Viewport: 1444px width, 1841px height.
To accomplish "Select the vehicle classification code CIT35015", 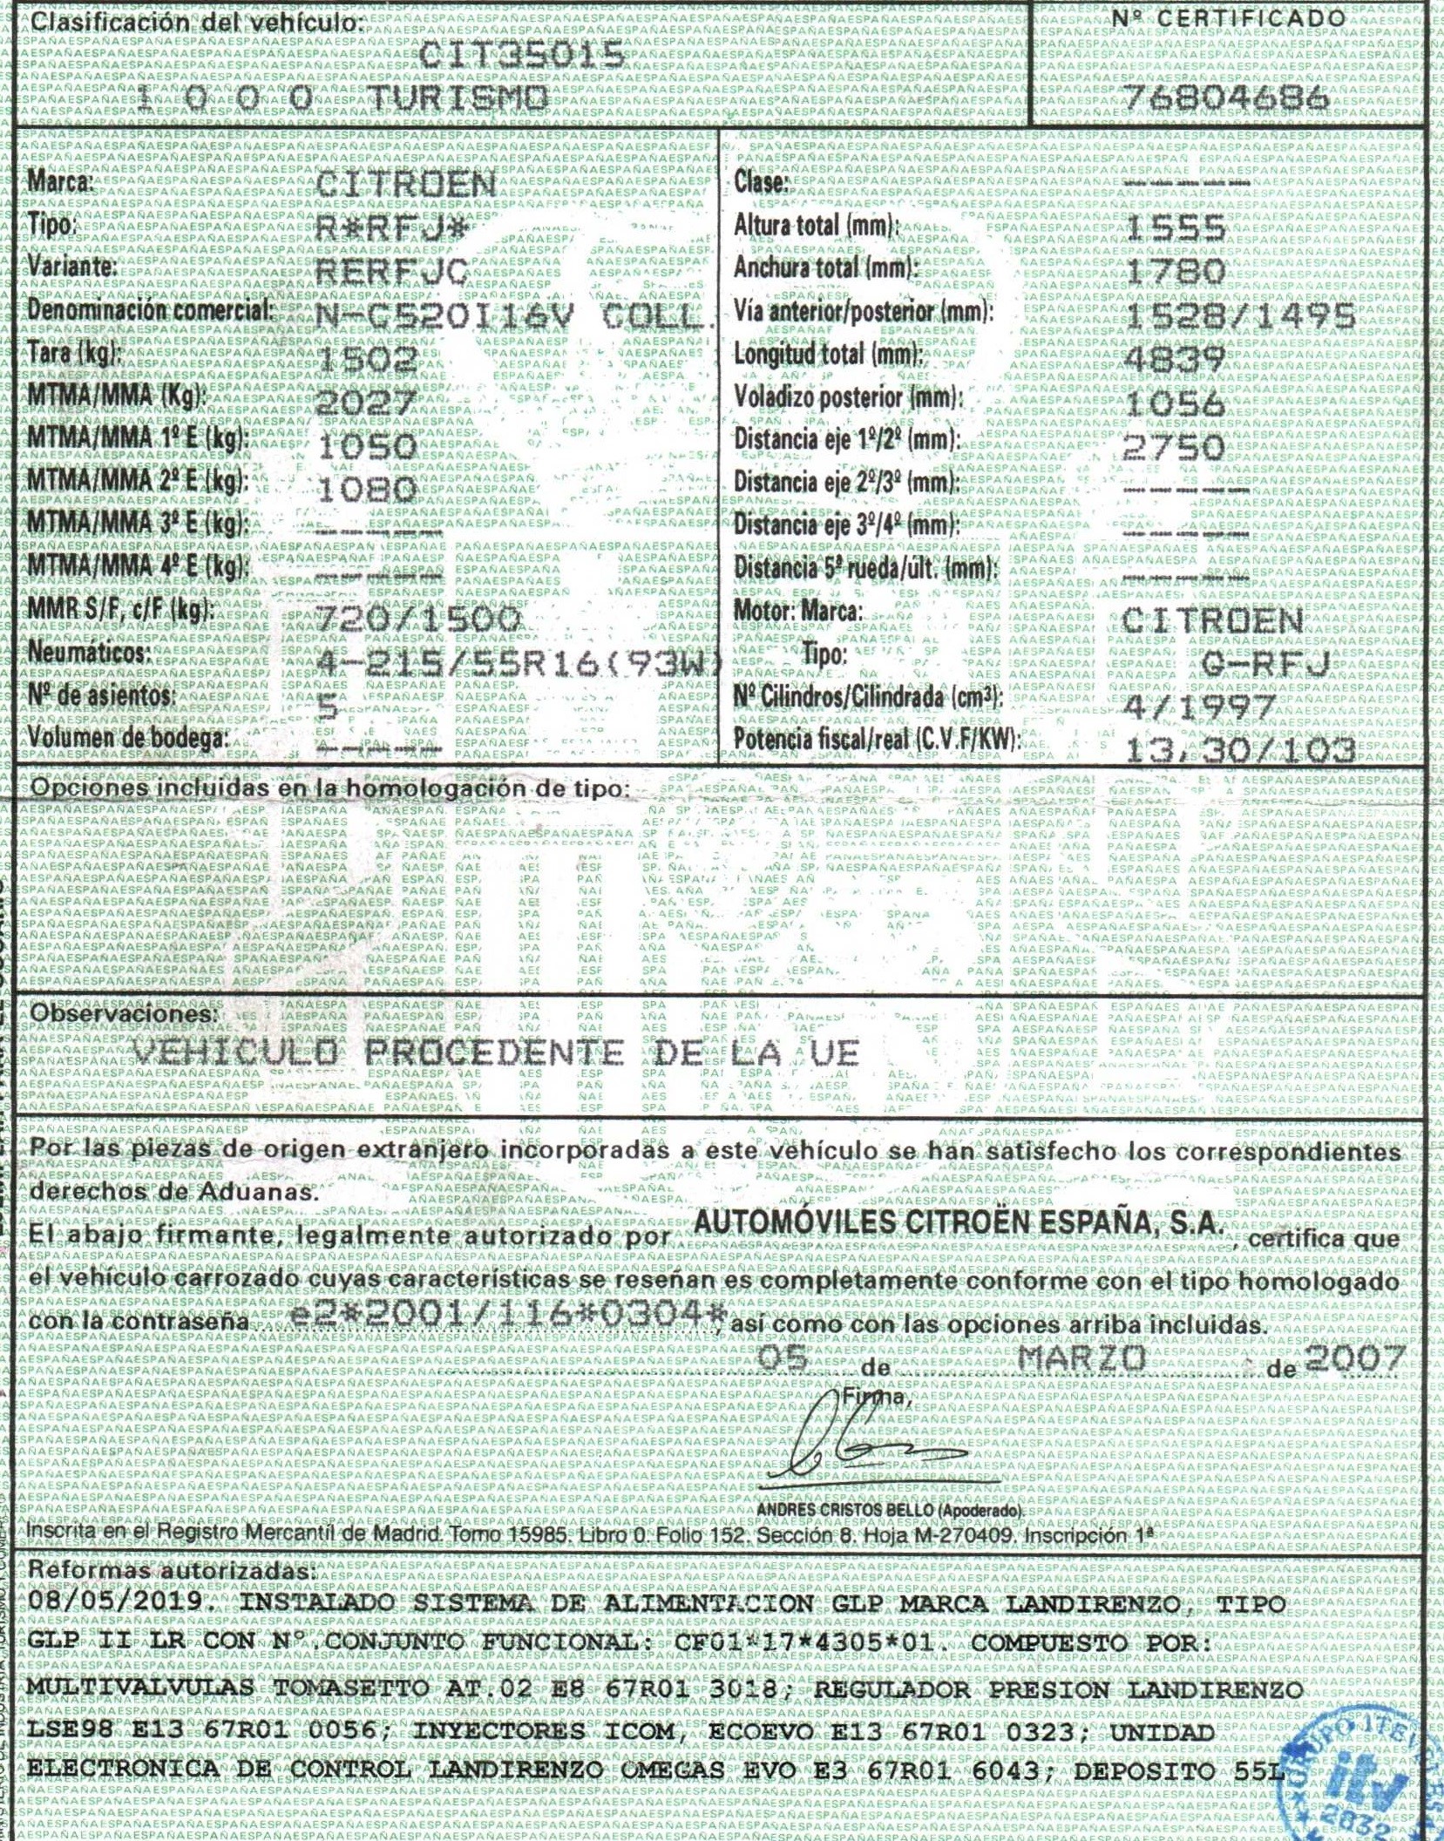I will (522, 57).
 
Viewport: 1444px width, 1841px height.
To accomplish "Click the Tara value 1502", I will (366, 358).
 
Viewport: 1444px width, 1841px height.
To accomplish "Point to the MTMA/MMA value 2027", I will (365, 402).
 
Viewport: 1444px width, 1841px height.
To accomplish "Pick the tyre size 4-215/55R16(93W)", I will (518, 665).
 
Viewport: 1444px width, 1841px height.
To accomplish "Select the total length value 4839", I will (1176, 358).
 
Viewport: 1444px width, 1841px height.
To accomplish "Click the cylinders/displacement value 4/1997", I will (1199, 707).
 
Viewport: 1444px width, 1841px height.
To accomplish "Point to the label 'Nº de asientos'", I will (102, 696).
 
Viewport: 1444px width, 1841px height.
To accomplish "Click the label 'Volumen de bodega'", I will (128, 738).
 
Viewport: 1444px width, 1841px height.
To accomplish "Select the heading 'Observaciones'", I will (123, 1014).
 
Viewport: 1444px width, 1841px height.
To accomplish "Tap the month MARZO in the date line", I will (1081, 1357).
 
